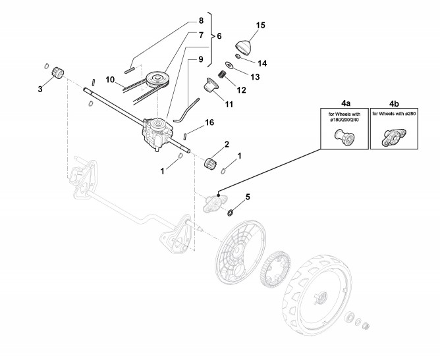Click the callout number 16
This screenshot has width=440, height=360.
pyautogui.click(x=209, y=122)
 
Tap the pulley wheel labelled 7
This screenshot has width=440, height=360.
pyautogui.click(x=158, y=77)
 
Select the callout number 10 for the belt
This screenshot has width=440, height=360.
pyautogui.click(x=111, y=80)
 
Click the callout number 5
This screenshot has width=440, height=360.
pyautogui.click(x=248, y=195)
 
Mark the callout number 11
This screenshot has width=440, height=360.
pyautogui.click(x=229, y=104)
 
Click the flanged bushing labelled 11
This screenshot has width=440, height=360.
pyautogui.click(x=210, y=87)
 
